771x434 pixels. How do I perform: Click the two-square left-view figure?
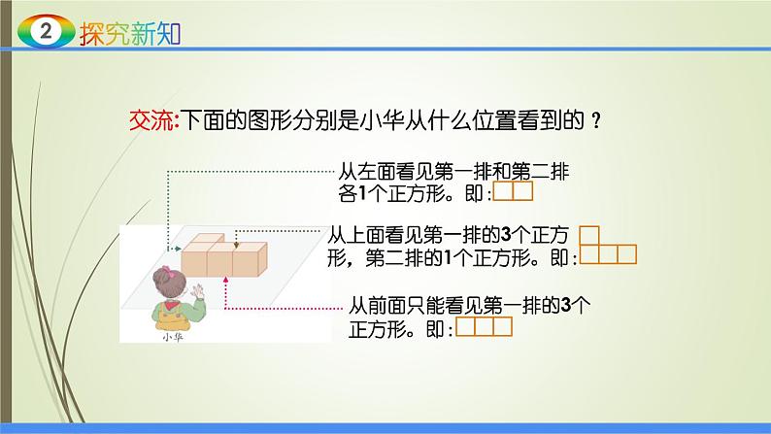[513, 191]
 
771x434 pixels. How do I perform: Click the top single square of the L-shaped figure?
[588, 236]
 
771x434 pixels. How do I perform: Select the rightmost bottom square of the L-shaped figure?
[626, 255]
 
